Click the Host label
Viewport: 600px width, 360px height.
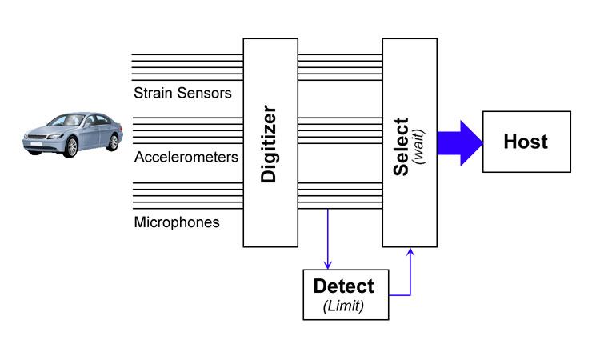[x=526, y=142]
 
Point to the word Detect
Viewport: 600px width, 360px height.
[x=343, y=286]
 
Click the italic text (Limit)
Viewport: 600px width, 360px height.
[x=343, y=305]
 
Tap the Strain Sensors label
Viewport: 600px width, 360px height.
[x=182, y=93]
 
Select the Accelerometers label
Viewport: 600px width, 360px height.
[x=186, y=157]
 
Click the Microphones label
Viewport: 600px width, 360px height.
[x=177, y=222]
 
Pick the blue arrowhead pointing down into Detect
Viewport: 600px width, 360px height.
[x=327, y=265]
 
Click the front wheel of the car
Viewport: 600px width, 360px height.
[x=71, y=147]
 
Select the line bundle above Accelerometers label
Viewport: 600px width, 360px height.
[x=187, y=130]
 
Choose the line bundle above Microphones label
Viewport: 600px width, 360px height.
[x=187, y=194]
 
